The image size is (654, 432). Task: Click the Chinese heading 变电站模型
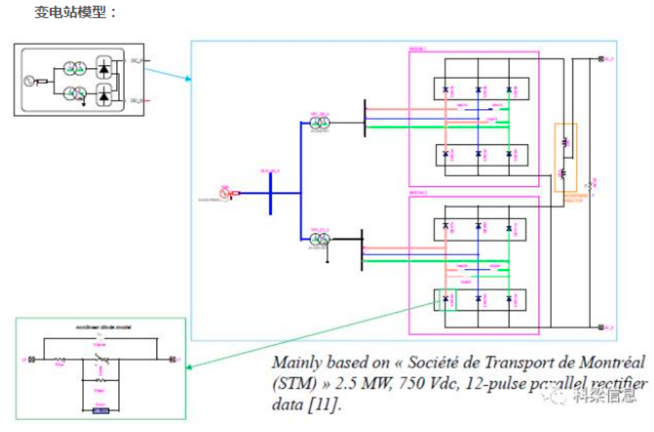click(71, 12)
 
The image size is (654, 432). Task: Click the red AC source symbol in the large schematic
click(224, 193)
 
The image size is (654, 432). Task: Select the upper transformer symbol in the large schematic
click(320, 123)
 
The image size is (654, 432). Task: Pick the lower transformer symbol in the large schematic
click(320, 240)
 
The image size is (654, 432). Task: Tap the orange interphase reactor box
click(565, 157)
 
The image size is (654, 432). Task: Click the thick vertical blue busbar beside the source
click(271, 193)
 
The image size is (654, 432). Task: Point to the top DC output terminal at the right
click(601, 59)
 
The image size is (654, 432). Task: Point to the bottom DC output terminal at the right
click(601, 327)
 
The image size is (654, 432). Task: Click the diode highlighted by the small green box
click(446, 299)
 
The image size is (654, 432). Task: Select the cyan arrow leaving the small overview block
click(167, 74)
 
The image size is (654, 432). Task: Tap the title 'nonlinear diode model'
click(103, 327)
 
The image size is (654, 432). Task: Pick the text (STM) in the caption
click(294, 383)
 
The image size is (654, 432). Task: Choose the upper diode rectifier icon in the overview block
click(104, 69)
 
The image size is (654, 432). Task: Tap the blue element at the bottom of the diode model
click(100, 411)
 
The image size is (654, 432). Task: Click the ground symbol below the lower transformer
click(327, 262)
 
